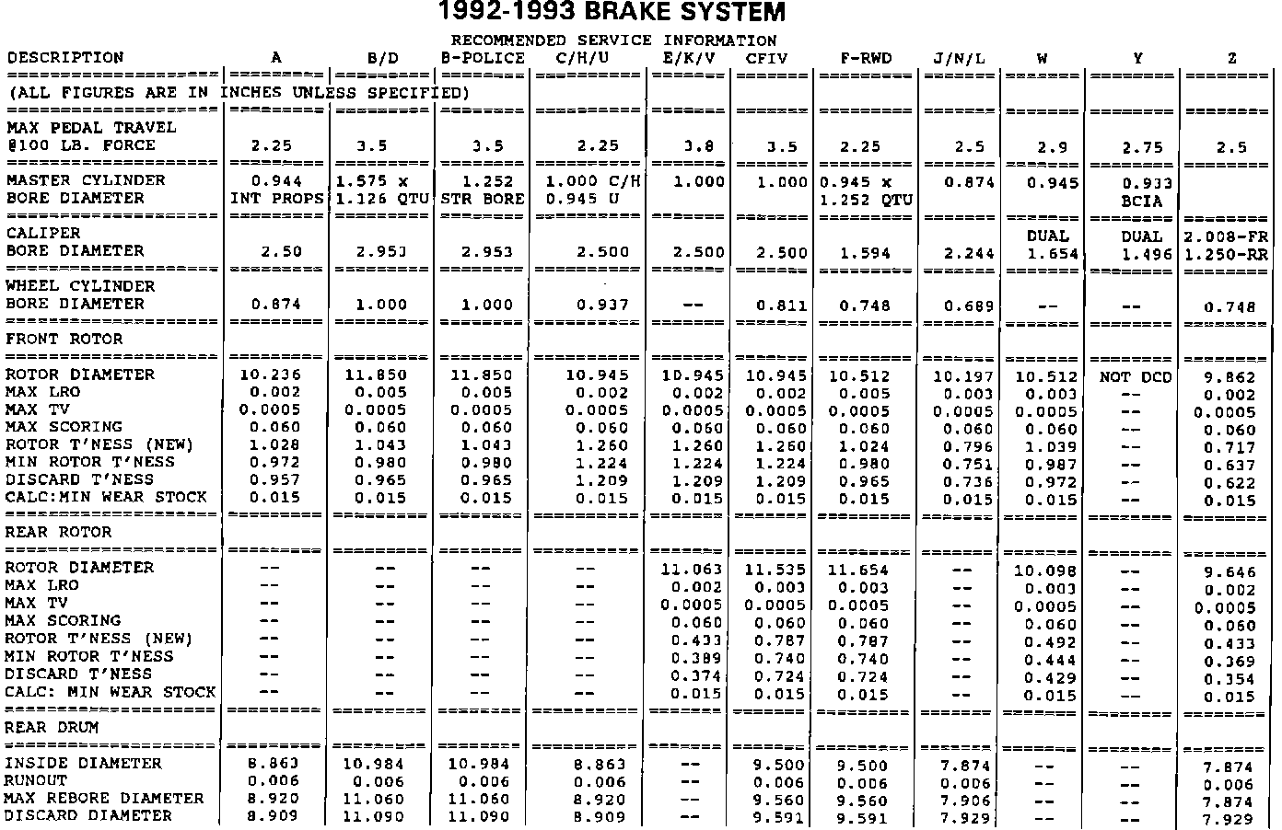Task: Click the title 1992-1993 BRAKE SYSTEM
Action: pos(612,13)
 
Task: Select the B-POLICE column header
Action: pos(484,58)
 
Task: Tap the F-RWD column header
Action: pos(866,58)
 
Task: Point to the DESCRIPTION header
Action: pos(64,57)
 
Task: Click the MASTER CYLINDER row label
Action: pos(86,180)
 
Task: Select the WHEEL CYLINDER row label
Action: pos(80,286)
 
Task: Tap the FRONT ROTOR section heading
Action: pos(64,339)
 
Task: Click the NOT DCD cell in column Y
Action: pos(1136,376)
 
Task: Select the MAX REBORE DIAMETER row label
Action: pos(104,798)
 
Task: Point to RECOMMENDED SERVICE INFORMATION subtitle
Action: pos(613,40)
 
